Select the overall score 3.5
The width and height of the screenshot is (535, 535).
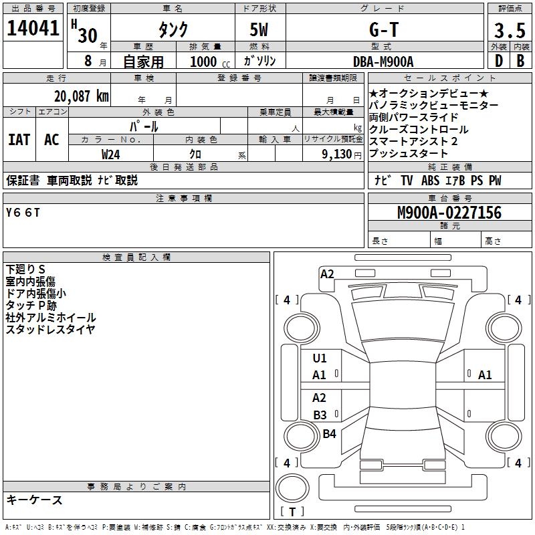point(509,31)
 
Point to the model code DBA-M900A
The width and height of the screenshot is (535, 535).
point(383,62)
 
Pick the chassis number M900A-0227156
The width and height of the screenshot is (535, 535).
point(449,213)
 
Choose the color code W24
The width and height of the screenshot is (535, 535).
point(110,154)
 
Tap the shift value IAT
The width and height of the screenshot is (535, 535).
point(19,140)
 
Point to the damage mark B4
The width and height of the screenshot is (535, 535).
point(329,434)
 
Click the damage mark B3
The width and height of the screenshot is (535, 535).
point(320,415)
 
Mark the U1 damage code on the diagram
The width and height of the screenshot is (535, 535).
point(320,358)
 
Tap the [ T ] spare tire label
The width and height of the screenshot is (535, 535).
point(293,512)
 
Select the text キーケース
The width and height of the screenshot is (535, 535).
point(34,500)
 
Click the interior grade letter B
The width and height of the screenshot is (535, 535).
point(520,61)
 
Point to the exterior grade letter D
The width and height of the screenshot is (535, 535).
point(498,61)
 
